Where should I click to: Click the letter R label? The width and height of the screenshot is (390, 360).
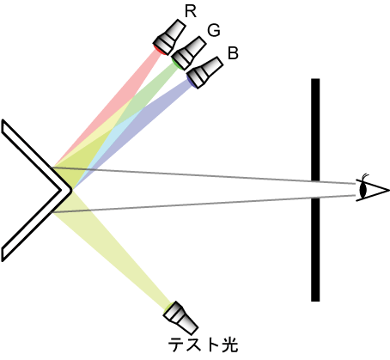point(191,12)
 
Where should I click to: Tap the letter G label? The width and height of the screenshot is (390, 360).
point(214,30)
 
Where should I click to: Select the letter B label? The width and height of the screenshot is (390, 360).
point(233,52)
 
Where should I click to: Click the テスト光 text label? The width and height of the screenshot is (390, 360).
point(203,345)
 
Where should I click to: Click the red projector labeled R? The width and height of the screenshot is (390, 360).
point(169,37)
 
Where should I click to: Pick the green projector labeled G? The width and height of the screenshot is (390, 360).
point(188,53)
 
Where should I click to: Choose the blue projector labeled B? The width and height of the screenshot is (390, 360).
point(204,73)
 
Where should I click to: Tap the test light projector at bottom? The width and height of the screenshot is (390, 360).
point(180,317)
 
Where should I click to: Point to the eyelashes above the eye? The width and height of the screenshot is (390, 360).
point(365,176)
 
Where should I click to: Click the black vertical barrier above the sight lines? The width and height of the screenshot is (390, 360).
point(315,130)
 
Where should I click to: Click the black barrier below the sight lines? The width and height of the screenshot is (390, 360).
point(315,249)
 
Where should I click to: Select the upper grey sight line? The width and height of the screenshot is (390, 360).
point(203,175)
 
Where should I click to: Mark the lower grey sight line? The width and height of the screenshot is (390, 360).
point(204,204)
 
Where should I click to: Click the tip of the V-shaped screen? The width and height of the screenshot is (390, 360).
point(71,190)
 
